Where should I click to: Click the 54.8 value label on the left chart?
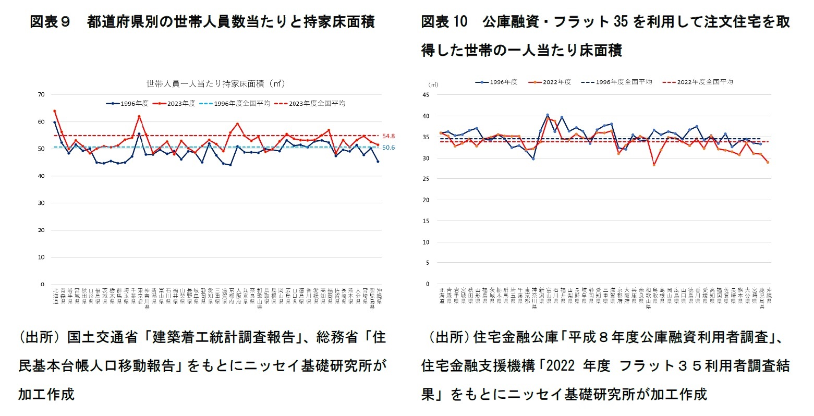tap(388, 136)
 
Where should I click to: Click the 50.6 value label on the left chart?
tap(388, 148)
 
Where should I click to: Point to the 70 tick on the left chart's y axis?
tap(41, 94)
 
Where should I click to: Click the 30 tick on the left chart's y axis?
tap(41, 203)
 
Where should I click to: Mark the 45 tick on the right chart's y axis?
tap(426, 95)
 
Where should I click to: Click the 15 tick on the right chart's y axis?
tap(426, 221)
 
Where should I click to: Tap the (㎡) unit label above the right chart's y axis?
tap(433, 84)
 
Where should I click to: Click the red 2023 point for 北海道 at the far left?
tap(55, 111)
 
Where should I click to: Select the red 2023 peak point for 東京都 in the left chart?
tap(139, 116)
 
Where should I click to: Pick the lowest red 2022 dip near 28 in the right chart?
tap(654, 165)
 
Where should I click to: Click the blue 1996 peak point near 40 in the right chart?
tap(548, 115)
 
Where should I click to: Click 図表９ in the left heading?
tap(50, 22)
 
